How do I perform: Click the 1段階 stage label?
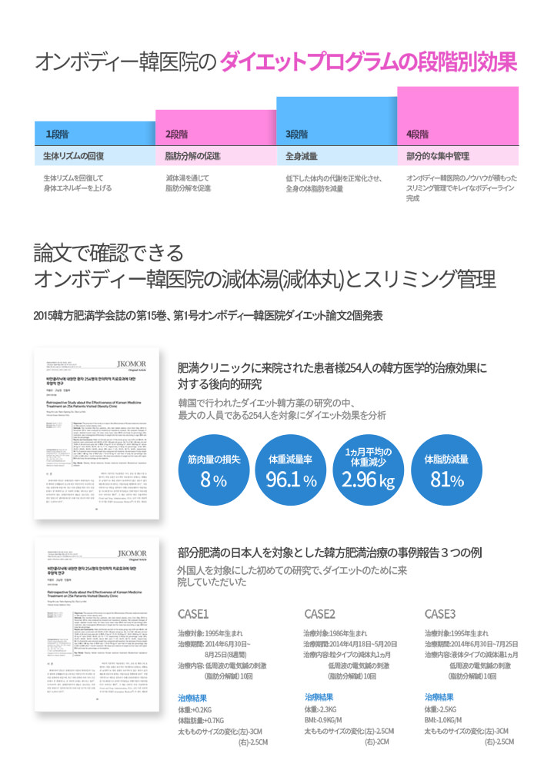click(58, 134)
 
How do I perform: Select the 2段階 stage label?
click(178, 134)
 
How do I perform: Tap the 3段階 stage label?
click(297, 134)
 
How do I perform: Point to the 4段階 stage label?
click(417, 134)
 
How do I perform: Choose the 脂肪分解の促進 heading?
click(193, 156)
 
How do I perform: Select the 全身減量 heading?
click(302, 156)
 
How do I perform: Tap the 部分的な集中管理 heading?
click(438, 156)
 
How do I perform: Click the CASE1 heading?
click(193, 613)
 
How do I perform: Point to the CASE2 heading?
click(320, 613)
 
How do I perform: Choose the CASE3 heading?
click(441, 613)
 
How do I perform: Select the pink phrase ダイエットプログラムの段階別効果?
click(369, 62)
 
